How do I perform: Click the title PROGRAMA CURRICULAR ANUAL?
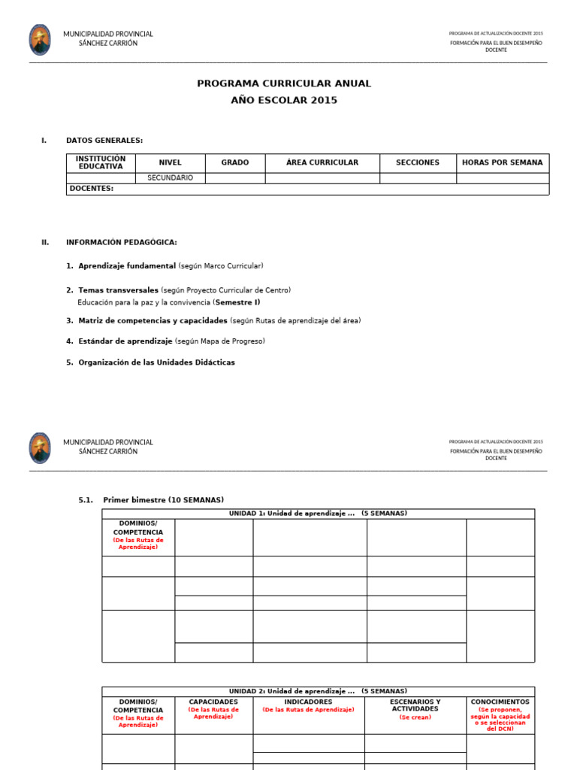(x=284, y=83)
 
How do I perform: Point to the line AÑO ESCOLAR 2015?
(x=284, y=100)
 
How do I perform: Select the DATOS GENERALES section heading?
(x=104, y=140)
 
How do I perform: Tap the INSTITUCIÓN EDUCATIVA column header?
(x=101, y=162)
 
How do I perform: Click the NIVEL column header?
(x=170, y=162)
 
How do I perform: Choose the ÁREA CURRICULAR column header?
(x=322, y=162)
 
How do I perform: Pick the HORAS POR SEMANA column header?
(x=502, y=162)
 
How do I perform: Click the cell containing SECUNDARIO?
(x=170, y=178)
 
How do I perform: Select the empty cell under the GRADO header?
(x=234, y=178)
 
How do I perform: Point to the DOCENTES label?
(x=90, y=189)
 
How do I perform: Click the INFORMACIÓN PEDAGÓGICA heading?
(x=121, y=242)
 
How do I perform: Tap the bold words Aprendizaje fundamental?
(x=126, y=266)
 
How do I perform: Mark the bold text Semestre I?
(x=237, y=302)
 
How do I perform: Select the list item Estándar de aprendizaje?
(x=125, y=341)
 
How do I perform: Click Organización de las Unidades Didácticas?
(x=156, y=362)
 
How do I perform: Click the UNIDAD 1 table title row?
(x=318, y=514)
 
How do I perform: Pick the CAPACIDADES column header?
(x=213, y=702)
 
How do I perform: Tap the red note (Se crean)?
(x=415, y=717)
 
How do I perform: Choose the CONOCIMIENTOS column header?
(x=500, y=702)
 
